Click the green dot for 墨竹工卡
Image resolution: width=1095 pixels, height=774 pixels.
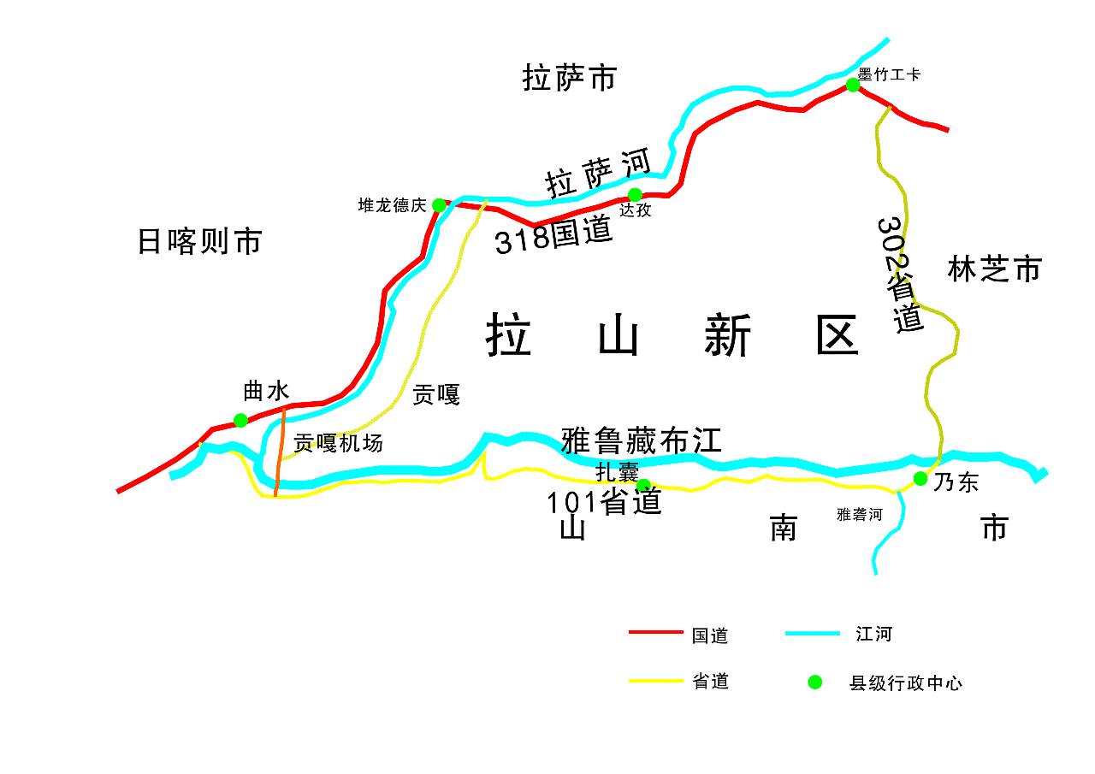click(853, 85)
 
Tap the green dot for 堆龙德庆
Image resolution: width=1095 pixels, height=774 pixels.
click(439, 205)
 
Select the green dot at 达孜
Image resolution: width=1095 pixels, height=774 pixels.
click(635, 195)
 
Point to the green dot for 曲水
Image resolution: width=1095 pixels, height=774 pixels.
click(240, 420)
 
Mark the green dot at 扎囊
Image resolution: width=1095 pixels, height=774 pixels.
click(643, 486)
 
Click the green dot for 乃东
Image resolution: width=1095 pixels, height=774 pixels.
click(920, 479)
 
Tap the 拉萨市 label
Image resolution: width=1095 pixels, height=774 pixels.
click(569, 79)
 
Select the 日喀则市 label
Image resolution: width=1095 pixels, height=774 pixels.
click(199, 242)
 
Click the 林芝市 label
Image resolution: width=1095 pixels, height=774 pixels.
click(994, 269)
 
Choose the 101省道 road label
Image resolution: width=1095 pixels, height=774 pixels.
click(605, 502)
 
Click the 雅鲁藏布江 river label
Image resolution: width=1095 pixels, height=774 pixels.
click(642, 440)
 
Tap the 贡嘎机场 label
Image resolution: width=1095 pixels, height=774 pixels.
click(338, 443)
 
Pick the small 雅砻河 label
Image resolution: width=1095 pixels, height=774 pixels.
click(859, 514)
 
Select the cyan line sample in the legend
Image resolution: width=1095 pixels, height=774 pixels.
click(812, 633)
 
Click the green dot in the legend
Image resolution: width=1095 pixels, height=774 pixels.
click(815, 682)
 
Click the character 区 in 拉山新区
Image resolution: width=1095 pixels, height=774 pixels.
click(837, 334)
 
